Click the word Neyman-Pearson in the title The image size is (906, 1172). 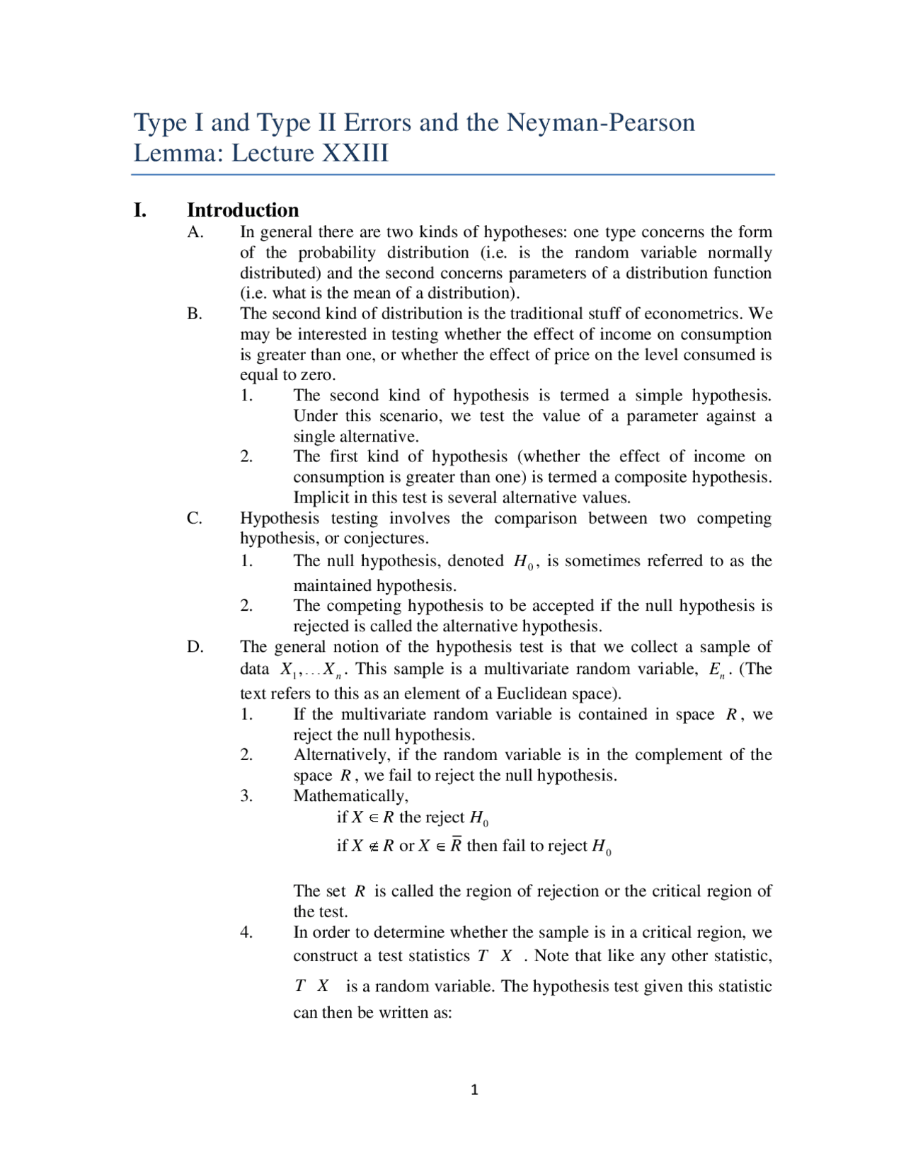pyautogui.click(x=600, y=123)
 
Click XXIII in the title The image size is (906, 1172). pyautogui.click(x=355, y=154)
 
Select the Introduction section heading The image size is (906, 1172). pyautogui.click(x=243, y=210)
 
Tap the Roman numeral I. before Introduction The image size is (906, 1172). pyautogui.click(x=140, y=210)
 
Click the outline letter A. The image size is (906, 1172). pyautogui.click(x=195, y=232)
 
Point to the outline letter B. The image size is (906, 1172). pyautogui.click(x=195, y=314)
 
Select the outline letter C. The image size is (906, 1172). pyautogui.click(x=195, y=518)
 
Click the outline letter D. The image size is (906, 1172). pyautogui.click(x=195, y=647)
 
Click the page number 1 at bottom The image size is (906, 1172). pyautogui.click(x=474, y=1090)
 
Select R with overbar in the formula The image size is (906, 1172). pyautogui.click(x=457, y=845)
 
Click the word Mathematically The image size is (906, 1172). pyautogui.click(x=350, y=796)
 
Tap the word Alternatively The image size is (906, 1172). pyautogui.click(x=341, y=755)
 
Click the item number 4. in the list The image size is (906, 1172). pyautogui.click(x=246, y=933)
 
